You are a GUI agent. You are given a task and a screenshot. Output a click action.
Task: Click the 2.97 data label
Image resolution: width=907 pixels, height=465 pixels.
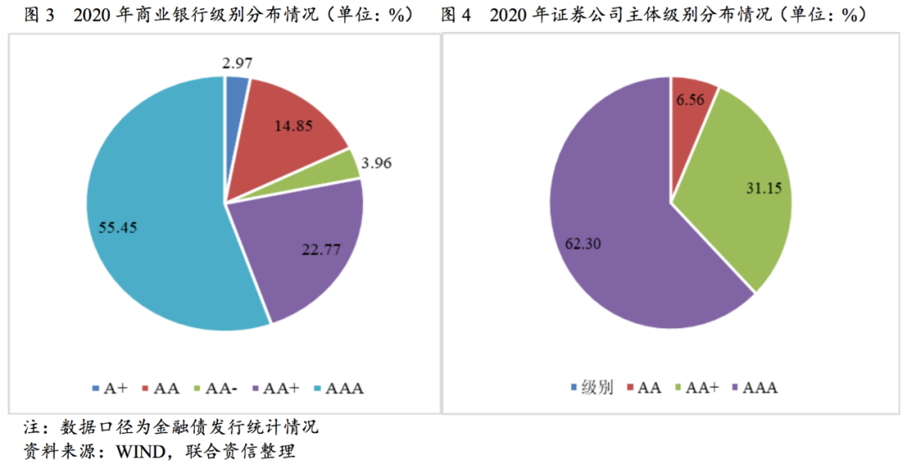[239, 62]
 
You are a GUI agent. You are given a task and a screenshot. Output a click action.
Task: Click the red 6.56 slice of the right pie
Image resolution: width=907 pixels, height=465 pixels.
[691, 101]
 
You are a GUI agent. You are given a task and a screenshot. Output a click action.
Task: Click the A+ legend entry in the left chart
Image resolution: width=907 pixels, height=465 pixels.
[109, 388]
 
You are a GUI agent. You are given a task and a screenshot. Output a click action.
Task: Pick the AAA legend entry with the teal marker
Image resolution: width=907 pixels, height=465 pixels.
[341, 388]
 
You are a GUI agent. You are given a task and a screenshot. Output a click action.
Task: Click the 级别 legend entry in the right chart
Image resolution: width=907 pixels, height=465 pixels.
[592, 388]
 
